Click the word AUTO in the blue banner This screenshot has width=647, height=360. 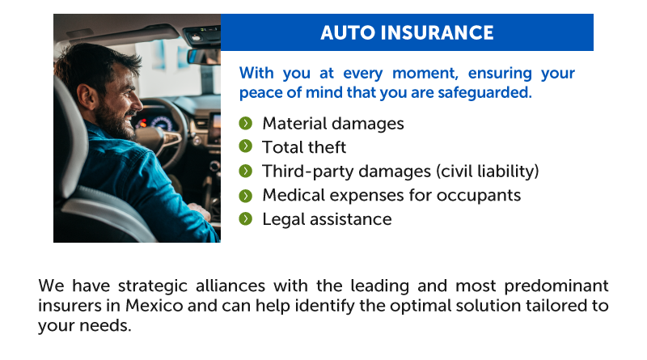click(347, 33)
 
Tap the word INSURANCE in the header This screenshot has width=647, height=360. click(437, 33)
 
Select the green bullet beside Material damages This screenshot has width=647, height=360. click(246, 123)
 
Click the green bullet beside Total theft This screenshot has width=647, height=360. click(246, 146)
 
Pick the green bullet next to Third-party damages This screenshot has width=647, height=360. click(246, 171)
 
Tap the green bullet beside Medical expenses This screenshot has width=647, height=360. click(246, 195)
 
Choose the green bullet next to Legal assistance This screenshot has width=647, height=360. click(246, 218)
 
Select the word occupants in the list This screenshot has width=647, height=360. click(479, 196)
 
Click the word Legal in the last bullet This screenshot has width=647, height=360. click(284, 219)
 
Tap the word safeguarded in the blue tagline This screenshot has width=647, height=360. click(484, 92)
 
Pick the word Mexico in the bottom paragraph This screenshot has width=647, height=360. click(154, 306)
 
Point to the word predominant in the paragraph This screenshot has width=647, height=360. click(556, 286)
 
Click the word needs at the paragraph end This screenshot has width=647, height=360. click(105, 326)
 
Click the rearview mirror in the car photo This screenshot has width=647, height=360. click(204, 57)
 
